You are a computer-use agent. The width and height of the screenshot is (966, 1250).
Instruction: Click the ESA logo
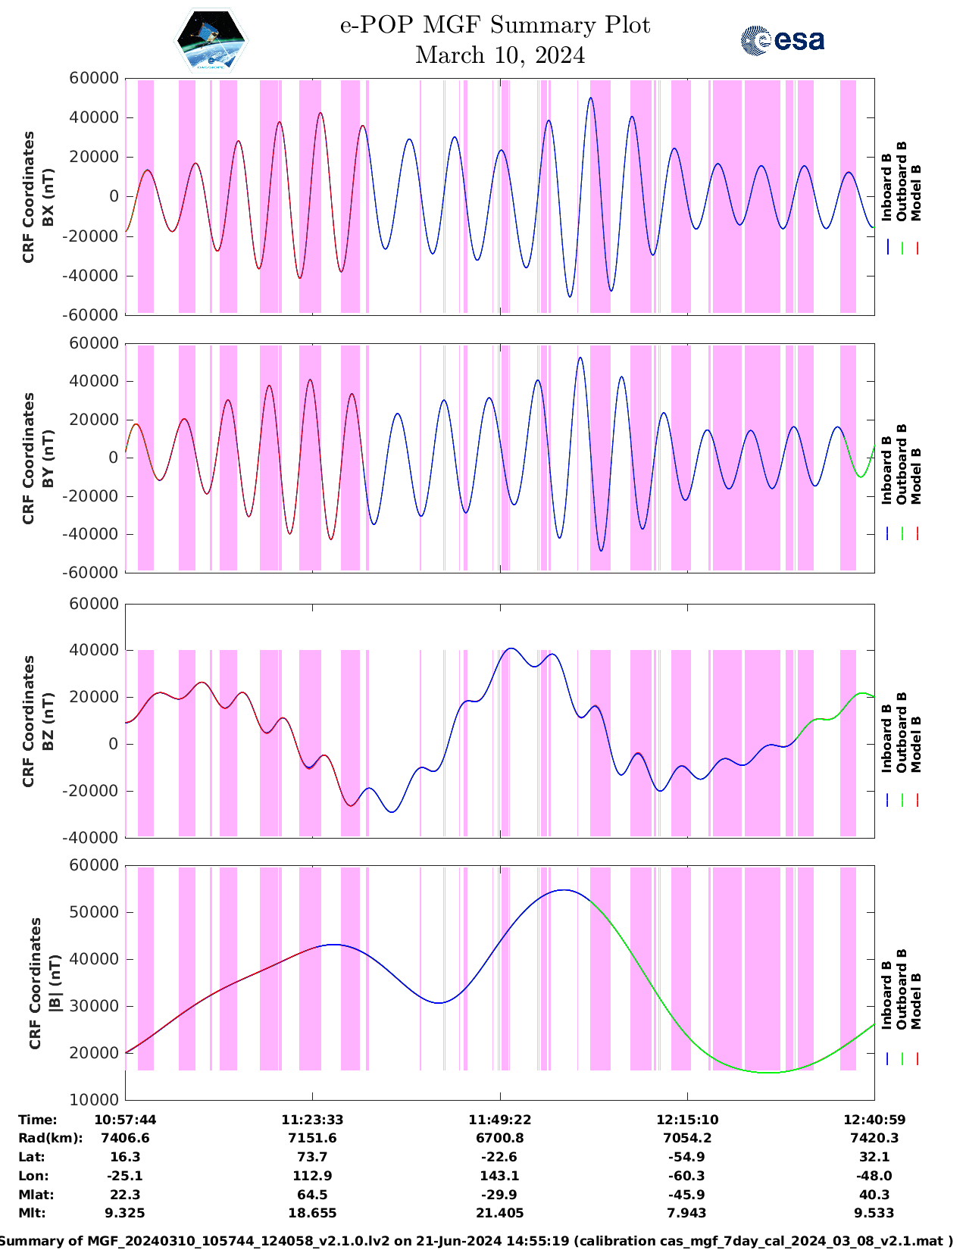pyautogui.click(x=782, y=40)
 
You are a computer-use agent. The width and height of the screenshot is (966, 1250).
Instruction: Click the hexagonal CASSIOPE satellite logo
pyautogui.click(x=211, y=40)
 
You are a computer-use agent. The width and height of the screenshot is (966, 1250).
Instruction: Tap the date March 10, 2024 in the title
pyautogui.click(x=500, y=55)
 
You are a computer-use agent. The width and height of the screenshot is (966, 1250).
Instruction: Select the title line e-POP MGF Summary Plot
pyautogui.click(x=495, y=25)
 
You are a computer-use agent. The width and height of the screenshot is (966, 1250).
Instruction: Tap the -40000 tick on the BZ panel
pyautogui.click(x=95, y=838)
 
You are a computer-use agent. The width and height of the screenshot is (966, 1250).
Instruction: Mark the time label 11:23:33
pyautogui.click(x=312, y=1120)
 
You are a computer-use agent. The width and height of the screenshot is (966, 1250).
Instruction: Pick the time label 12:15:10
pyautogui.click(x=687, y=1120)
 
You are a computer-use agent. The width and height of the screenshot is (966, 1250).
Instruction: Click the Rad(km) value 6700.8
pyautogui.click(x=500, y=1138)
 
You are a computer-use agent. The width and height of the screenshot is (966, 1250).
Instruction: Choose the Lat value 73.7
pyautogui.click(x=312, y=1157)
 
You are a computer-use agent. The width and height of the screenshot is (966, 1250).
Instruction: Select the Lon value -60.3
pyautogui.click(x=687, y=1176)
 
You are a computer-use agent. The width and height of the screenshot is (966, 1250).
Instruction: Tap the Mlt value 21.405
pyautogui.click(x=500, y=1213)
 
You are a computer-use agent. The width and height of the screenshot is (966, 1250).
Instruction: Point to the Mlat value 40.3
pyautogui.click(x=874, y=1195)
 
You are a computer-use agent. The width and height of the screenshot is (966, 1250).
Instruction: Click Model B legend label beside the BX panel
pyautogui.click(x=916, y=192)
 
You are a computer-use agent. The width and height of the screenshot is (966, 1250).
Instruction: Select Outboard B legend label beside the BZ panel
pyautogui.click(x=902, y=733)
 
